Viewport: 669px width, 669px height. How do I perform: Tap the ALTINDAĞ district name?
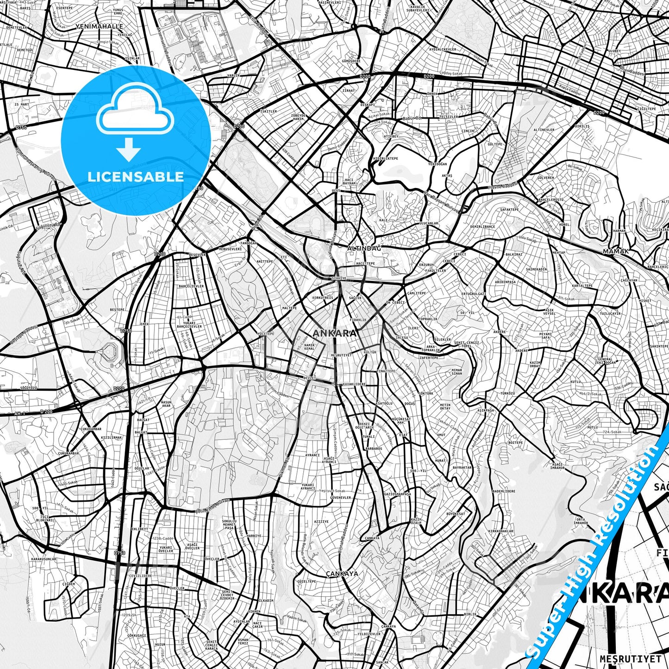pos(364,249)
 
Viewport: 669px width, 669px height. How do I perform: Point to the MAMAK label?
pos(616,251)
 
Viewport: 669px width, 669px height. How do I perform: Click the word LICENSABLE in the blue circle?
pos(136,176)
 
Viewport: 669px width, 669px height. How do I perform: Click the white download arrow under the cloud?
pos(129,150)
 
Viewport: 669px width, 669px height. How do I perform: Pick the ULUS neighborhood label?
pos(336,190)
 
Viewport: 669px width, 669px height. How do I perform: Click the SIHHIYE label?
pos(339,278)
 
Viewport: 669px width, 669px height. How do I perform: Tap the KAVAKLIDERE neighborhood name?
pos(354,384)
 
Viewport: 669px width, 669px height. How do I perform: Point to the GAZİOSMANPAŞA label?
pos(398,494)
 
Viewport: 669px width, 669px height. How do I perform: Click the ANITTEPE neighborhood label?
pos(265,262)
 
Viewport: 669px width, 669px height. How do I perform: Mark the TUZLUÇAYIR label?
pos(610,313)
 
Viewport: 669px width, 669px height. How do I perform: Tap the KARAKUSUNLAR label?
pos(44,559)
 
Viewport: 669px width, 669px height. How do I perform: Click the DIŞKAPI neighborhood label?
pos(368,105)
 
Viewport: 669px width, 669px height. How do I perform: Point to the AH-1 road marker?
pos(19,413)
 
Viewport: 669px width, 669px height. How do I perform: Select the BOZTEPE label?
pos(515,443)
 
